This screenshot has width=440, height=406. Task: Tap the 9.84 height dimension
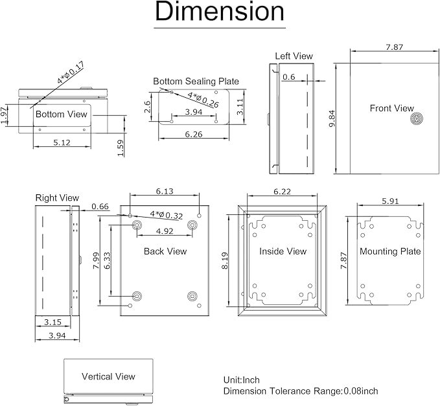point(332,118)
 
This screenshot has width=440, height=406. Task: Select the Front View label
point(391,108)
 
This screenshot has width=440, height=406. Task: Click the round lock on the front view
point(415,119)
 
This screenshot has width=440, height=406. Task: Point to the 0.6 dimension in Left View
point(289,77)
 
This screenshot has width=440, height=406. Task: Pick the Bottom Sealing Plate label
point(196,82)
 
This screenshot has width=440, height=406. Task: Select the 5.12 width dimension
point(62,142)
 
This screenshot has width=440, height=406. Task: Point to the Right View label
point(57,197)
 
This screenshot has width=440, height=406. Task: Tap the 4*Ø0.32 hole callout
point(167,214)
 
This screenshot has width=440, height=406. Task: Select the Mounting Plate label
point(390,251)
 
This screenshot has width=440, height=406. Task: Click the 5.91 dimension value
point(391,201)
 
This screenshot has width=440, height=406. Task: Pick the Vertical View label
point(108,376)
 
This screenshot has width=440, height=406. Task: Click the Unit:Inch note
point(242,380)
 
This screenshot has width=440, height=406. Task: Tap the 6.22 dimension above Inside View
point(282,192)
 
